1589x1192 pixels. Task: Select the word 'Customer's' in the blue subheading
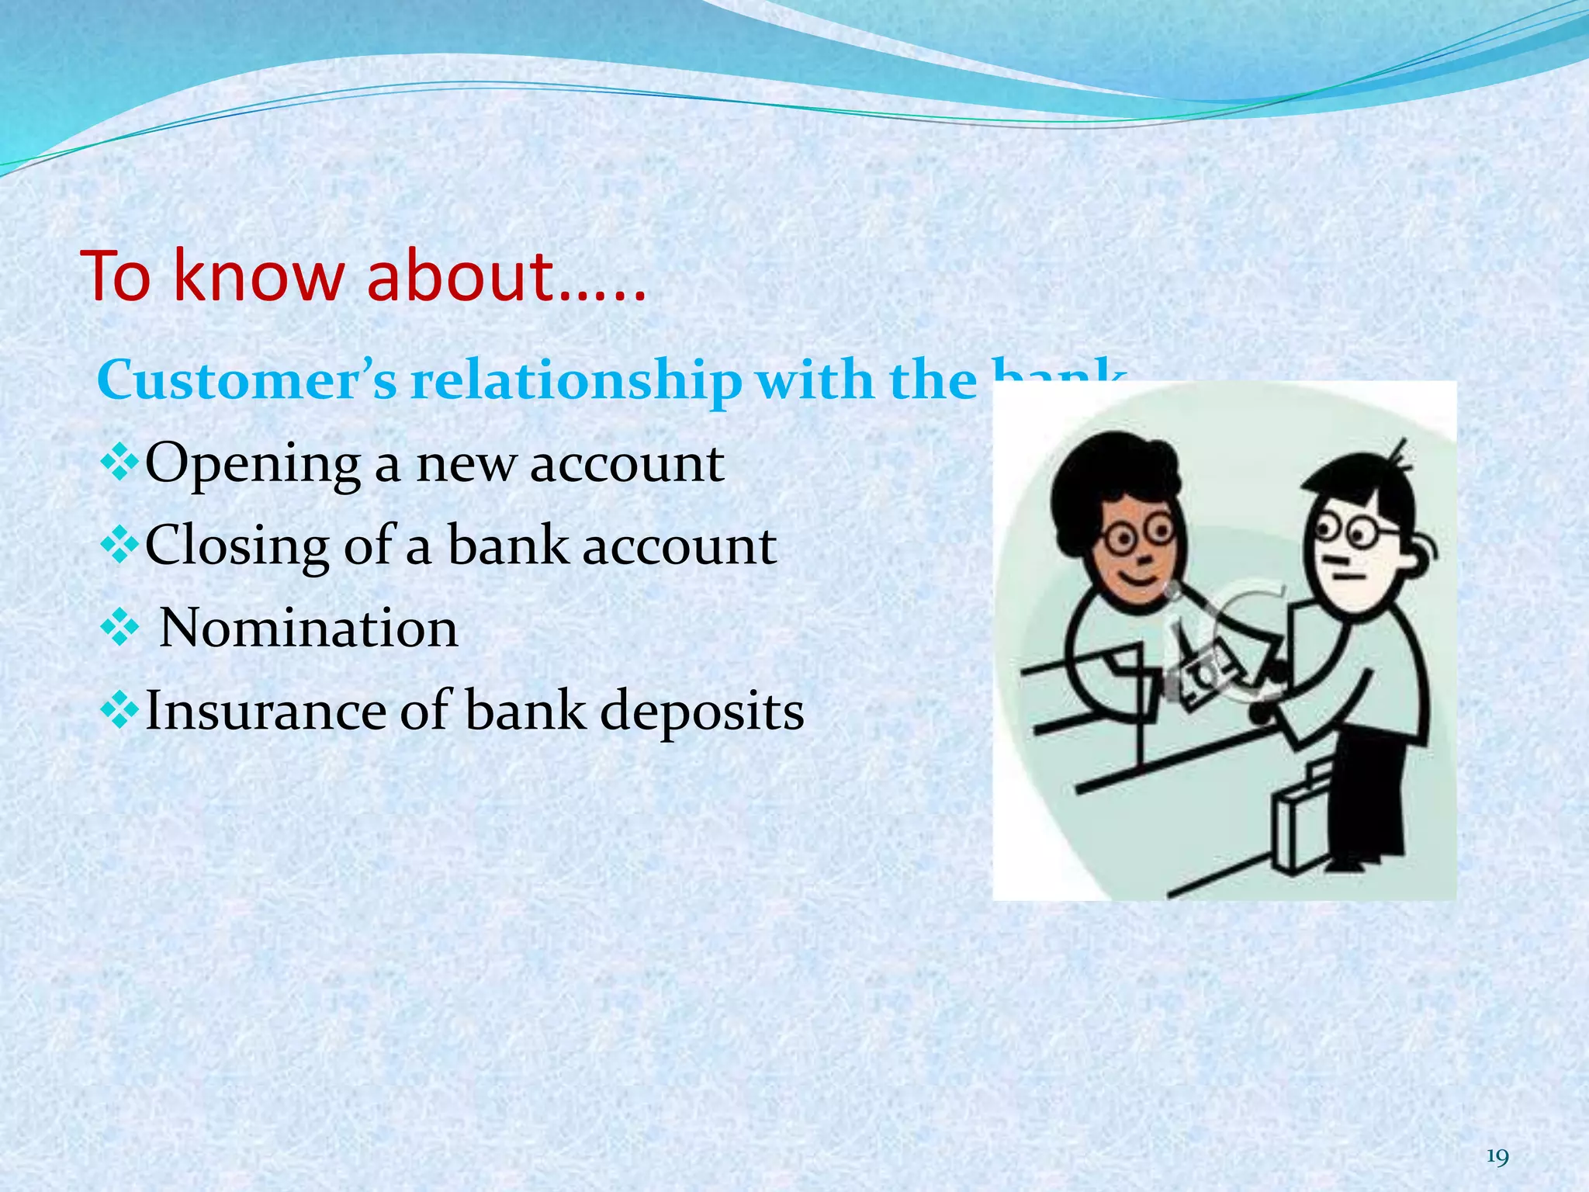(x=247, y=381)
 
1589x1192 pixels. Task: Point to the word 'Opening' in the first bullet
(x=253, y=465)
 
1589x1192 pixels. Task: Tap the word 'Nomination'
(x=309, y=628)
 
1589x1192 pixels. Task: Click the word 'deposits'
(x=702, y=712)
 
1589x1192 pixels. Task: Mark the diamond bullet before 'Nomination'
(x=119, y=628)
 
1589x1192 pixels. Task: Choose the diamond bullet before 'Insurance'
(x=119, y=710)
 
